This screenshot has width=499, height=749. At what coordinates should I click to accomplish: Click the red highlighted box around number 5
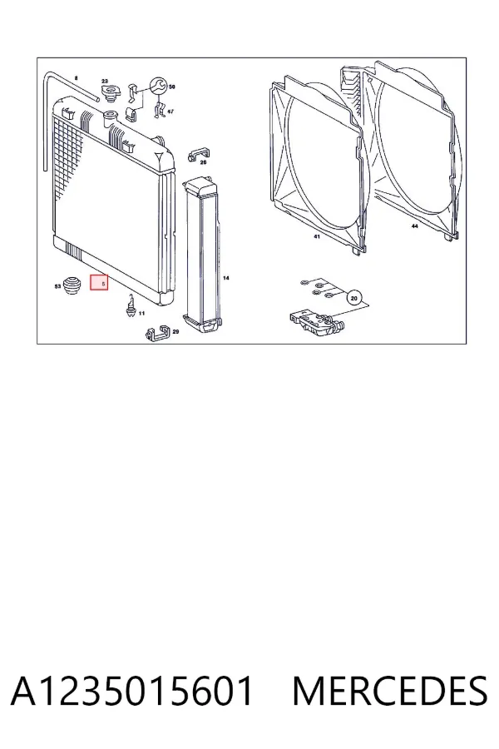click(x=99, y=283)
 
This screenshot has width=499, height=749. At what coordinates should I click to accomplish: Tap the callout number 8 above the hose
click(x=76, y=78)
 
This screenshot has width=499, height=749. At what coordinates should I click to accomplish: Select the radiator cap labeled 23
click(x=111, y=92)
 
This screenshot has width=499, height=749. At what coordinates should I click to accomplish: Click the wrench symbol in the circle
click(x=158, y=86)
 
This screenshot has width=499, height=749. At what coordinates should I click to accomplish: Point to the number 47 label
click(x=170, y=112)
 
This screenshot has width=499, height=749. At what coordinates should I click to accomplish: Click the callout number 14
click(x=226, y=277)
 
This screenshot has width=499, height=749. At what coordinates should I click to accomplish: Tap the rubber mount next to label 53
click(x=72, y=285)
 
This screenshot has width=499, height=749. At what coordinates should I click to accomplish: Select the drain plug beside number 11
click(x=129, y=305)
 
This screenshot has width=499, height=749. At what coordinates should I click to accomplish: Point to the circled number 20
click(x=353, y=299)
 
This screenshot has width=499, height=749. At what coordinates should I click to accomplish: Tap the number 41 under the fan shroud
click(x=317, y=236)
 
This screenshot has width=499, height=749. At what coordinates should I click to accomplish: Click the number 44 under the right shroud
click(x=414, y=226)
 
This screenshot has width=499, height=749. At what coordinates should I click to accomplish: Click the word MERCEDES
click(x=390, y=691)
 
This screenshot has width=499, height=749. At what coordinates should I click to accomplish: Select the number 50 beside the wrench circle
click(x=172, y=87)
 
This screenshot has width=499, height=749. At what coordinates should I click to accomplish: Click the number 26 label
click(x=203, y=162)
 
